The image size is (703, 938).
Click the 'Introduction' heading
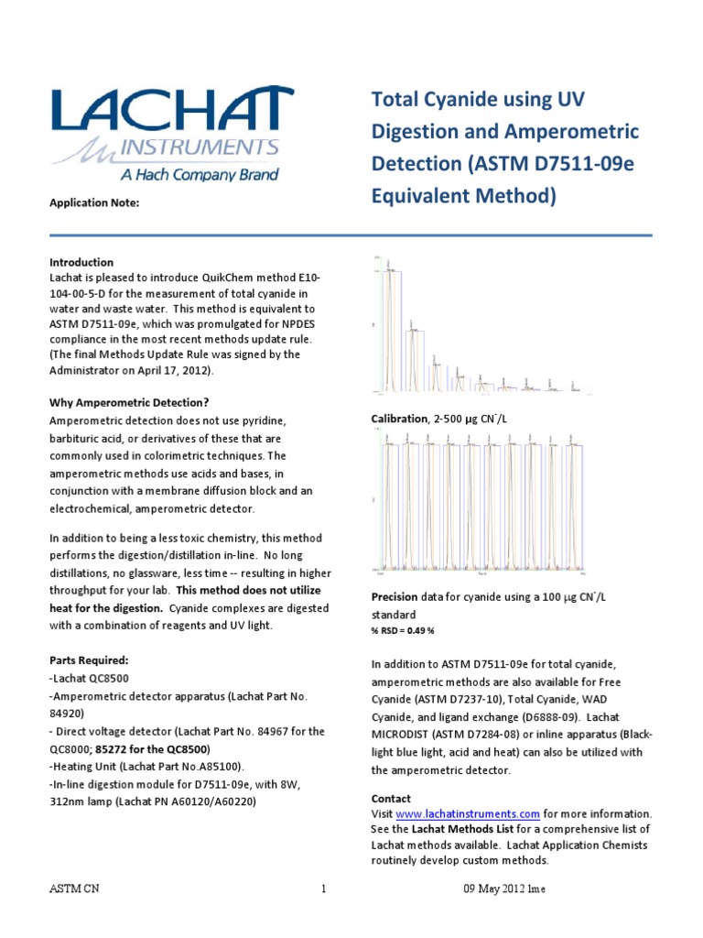81,262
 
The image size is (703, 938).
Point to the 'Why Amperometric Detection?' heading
129,403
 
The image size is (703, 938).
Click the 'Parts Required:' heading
89,660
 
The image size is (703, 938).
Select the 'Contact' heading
391,799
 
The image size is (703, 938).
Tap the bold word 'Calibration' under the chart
400,419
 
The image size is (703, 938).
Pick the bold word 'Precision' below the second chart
394,596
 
